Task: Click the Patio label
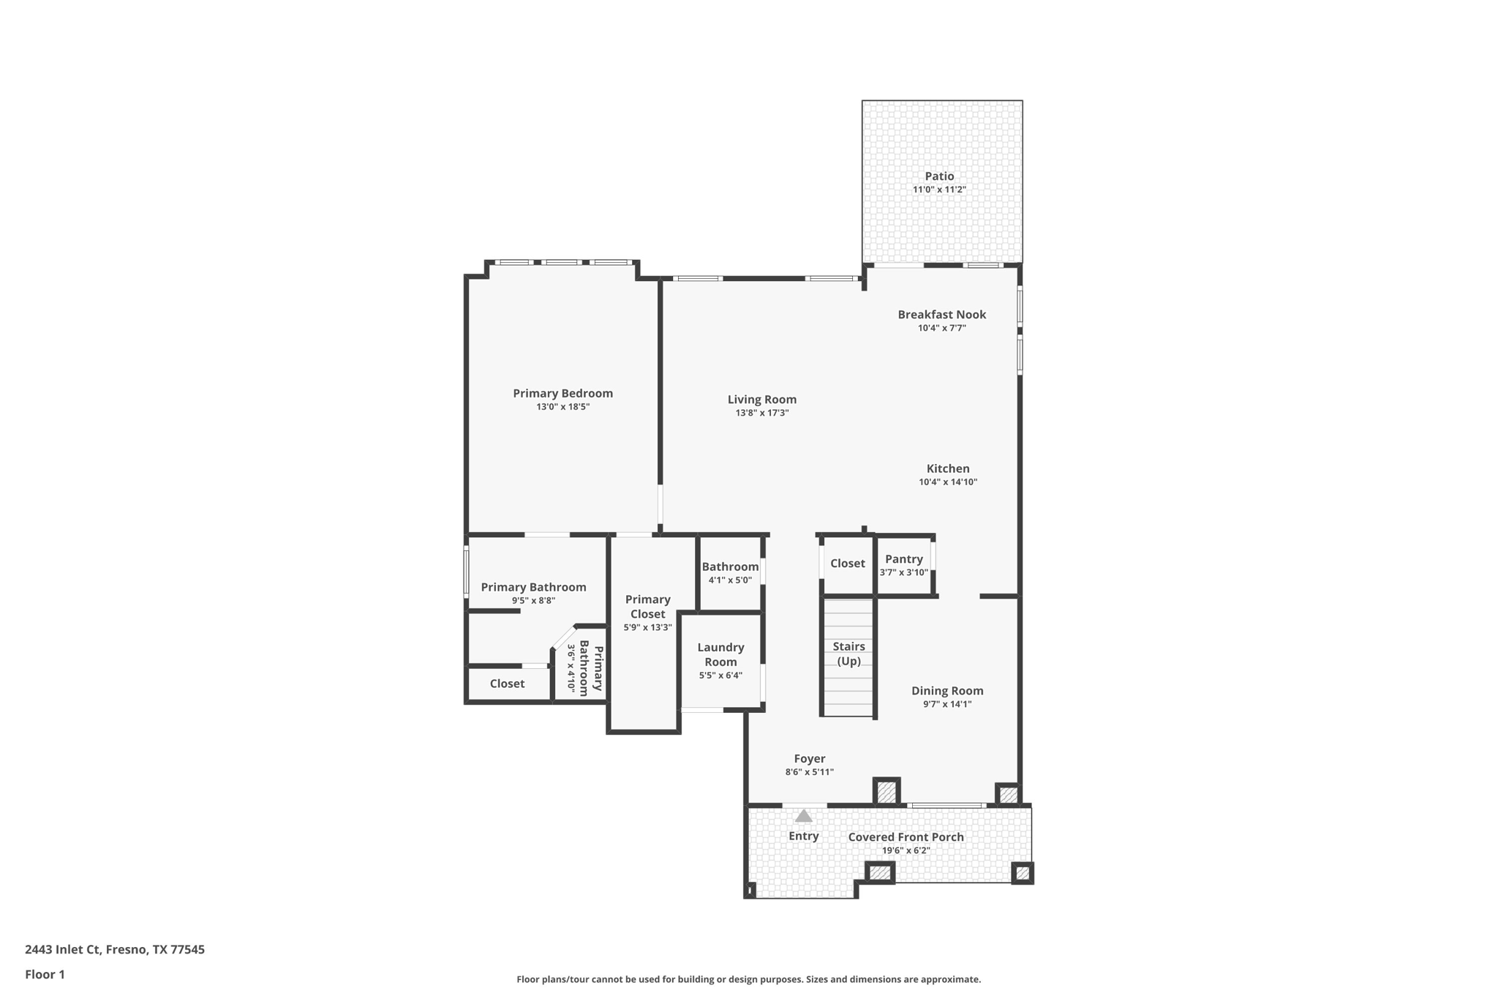click(x=939, y=176)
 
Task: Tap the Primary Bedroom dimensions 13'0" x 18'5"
click(x=562, y=407)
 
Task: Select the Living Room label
click(x=761, y=400)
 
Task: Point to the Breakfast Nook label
click(x=941, y=315)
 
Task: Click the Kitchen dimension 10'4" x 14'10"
click(x=948, y=482)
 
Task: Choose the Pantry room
click(x=903, y=565)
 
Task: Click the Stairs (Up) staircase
click(x=848, y=654)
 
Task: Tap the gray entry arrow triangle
click(x=803, y=816)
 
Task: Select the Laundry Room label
click(x=720, y=654)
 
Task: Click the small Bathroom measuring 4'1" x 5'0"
click(x=730, y=573)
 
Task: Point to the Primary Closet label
click(x=647, y=607)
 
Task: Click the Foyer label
click(x=809, y=759)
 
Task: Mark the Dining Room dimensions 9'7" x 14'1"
click(x=946, y=704)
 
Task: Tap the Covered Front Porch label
click(x=906, y=837)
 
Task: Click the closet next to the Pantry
click(x=847, y=564)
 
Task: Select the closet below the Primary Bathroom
click(x=507, y=684)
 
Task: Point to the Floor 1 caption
click(x=45, y=974)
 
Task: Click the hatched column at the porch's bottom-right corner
click(x=1022, y=873)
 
